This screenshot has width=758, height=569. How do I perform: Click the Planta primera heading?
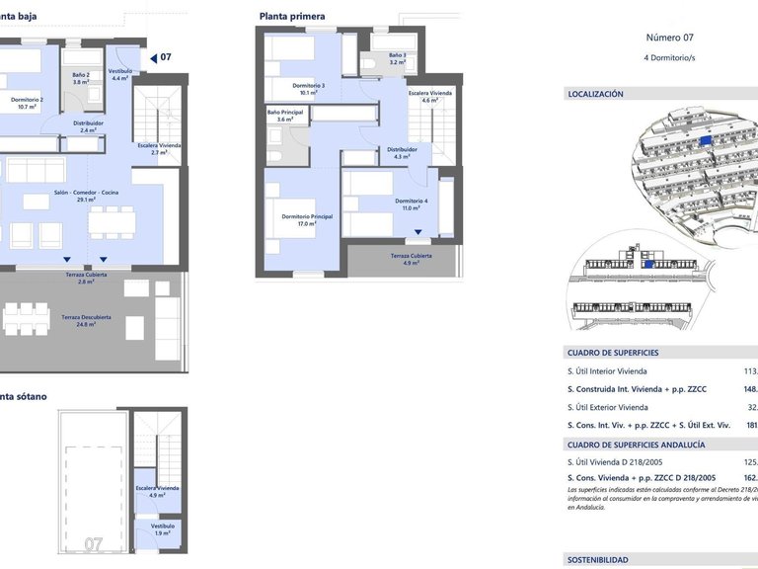[293, 16]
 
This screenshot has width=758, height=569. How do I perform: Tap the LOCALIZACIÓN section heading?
[595, 94]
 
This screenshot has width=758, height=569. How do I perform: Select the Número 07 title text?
[670, 38]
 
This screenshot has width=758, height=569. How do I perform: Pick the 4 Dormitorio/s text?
[670, 58]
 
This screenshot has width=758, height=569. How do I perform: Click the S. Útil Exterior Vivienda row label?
[607, 407]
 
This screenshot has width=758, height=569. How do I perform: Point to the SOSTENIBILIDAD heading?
[597, 560]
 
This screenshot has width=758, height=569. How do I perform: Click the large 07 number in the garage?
[94, 543]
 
